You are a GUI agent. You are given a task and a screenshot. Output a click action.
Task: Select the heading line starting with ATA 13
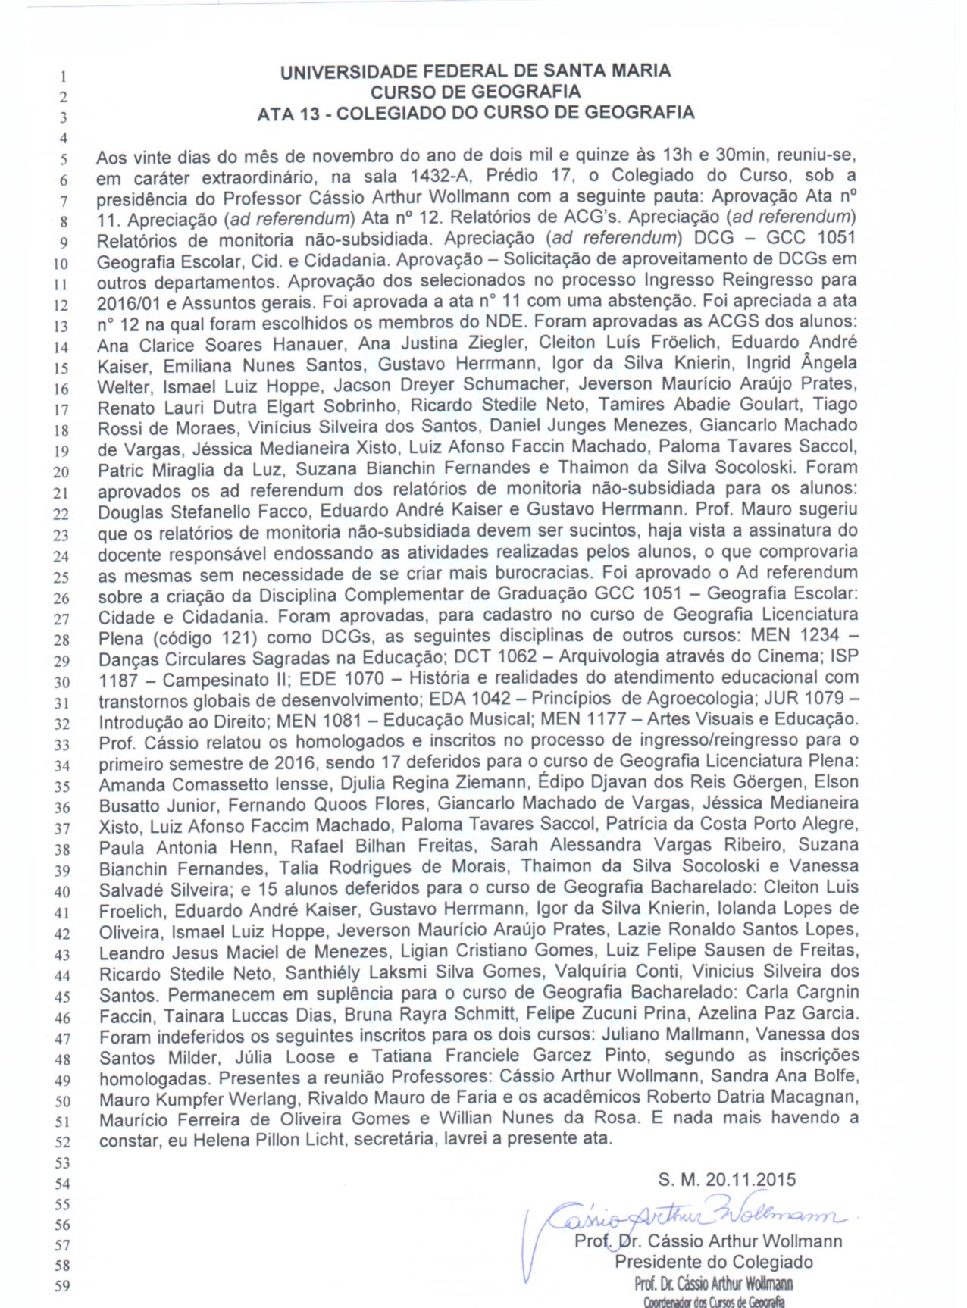(475, 114)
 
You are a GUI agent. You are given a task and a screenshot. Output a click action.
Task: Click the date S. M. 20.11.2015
(727, 1179)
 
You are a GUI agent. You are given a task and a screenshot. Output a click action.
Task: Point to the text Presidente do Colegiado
(713, 1262)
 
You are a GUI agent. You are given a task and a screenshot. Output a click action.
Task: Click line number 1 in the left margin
(64, 76)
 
